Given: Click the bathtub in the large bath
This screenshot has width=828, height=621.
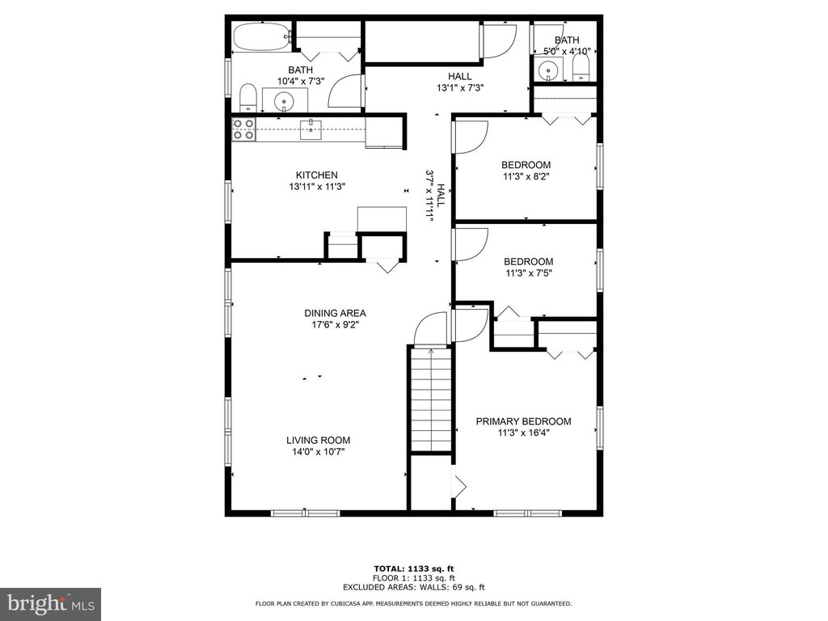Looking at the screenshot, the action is click(263, 37).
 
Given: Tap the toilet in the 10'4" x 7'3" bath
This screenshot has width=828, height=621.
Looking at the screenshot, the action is click(247, 98).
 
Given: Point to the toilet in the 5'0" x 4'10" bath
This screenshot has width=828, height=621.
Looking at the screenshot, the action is click(581, 69).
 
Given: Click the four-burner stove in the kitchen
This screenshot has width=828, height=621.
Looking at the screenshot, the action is click(243, 129).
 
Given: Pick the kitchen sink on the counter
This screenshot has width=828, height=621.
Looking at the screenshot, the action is click(311, 129).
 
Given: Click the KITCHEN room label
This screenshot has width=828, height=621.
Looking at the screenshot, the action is click(317, 175).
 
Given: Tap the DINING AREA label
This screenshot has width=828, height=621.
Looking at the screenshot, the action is click(335, 313).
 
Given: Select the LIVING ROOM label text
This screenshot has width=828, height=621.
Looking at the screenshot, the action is click(318, 441).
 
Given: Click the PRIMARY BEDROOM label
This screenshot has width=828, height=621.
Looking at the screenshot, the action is click(523, 421).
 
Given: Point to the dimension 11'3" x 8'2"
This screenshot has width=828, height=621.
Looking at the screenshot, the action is click(526, 176).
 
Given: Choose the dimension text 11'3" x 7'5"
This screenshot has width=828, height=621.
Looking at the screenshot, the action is click(529, 273).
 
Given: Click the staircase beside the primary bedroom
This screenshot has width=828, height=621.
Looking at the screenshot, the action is click(432, 399).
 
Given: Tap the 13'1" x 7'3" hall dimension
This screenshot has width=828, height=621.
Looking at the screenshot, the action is click(460, 88).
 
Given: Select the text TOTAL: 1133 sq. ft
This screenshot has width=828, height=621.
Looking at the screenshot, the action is click(414, 568).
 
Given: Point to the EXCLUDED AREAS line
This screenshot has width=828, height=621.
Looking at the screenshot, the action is click(414, 587).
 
